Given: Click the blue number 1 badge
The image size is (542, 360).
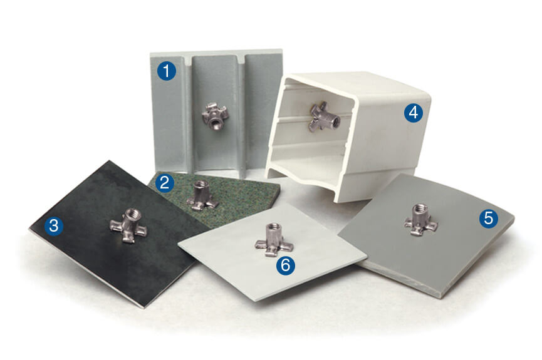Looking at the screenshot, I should [x=166, y=71].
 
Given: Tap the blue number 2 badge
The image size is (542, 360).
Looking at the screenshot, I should [x=164, y=183].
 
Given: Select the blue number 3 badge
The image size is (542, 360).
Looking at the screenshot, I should [x=53, y=226].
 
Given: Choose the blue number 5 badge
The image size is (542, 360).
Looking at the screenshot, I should [x=488, y=218].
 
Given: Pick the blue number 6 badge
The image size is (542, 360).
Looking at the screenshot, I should [x=285, y=265].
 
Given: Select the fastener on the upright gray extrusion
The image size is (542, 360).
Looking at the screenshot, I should [x=214, y=116].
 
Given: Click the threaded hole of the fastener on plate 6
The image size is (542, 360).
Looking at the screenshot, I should [x=273, y=227].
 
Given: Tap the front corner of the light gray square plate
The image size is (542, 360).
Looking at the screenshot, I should [x=256, y=300].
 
